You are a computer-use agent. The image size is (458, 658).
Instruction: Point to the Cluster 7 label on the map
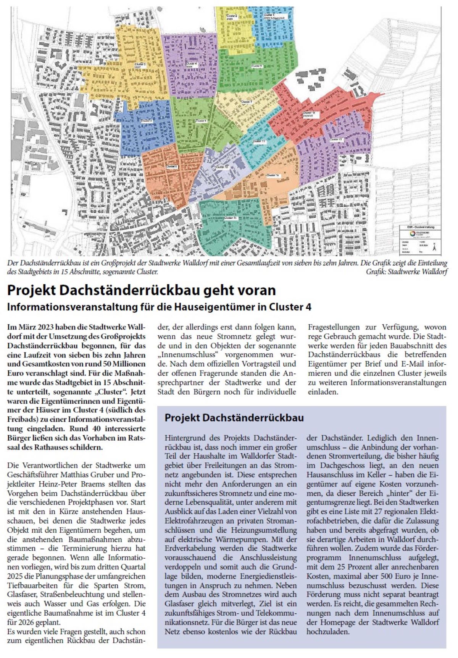click(247, 102)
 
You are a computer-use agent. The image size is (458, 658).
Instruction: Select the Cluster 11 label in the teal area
click(259, 142)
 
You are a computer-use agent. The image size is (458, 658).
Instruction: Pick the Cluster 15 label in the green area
click(231, 218)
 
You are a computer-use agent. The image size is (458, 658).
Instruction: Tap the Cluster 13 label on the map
click(336, 140)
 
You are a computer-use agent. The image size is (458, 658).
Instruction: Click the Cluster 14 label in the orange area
click(273, 175)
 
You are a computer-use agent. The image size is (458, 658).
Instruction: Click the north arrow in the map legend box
click(434, 248)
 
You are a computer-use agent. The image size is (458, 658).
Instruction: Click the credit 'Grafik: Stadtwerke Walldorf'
click(406, 272)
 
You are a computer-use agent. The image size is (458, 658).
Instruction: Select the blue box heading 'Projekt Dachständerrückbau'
click(234, 418)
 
